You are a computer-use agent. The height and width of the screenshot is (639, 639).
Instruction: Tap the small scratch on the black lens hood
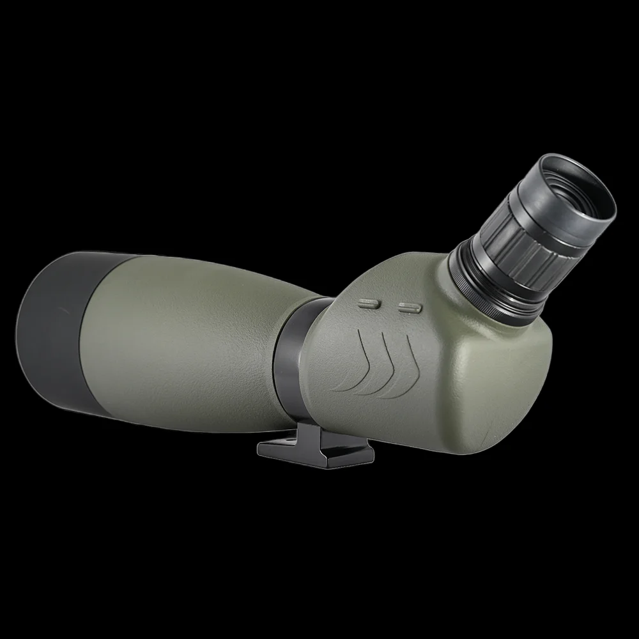pyautogui.click(x=62, y=311)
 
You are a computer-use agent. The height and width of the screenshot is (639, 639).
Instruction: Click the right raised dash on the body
pyautogui.click(x=410, y=307)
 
